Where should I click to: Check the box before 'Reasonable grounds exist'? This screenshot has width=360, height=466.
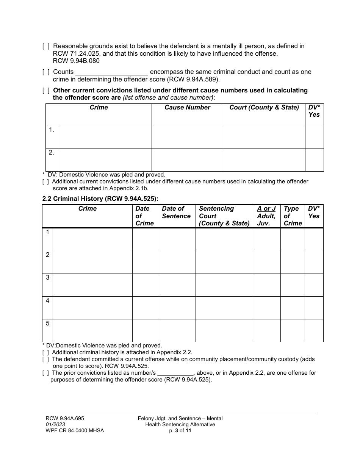(x=46, y=46)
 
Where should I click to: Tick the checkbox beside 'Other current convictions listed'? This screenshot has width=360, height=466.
(x=46, y=91)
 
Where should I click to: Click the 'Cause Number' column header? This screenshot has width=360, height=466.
(x=187, y=108)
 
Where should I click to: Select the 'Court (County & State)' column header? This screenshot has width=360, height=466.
(x=264, y=108)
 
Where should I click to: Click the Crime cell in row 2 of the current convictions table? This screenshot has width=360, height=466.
(x=105, y=160)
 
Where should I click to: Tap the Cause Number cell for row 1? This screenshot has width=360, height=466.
(x=187, y=137)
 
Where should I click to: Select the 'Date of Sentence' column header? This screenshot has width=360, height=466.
(x=177, y=213)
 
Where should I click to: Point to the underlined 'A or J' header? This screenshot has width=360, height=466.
(x=266, y=209)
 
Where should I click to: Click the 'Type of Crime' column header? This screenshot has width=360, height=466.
(x=292, y=216)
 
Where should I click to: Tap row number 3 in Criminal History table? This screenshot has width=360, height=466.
(x=48, y=278)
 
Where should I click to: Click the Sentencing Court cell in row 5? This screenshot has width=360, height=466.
(x=224, y=330)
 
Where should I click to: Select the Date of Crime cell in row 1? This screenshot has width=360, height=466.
(x=145, y=239)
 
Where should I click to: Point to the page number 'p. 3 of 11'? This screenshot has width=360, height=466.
(x=180, y=431)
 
